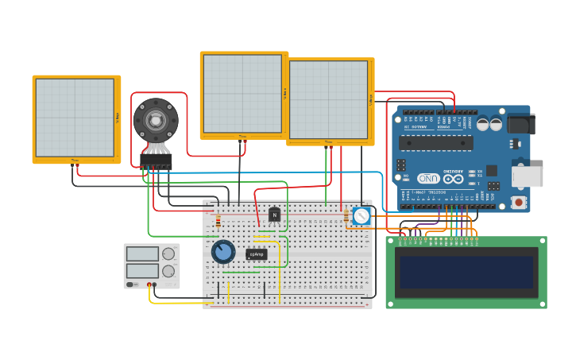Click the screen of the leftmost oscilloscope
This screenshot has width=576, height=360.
click(x=75, y=118)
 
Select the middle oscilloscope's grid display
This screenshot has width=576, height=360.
click(x=242, y=94)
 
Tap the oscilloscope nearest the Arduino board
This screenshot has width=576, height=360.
click(x=328, y=100)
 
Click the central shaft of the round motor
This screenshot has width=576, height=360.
click(x=156, y=120)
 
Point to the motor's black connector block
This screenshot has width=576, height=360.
click(x=156, y=161)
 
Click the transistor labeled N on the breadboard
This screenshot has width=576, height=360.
click(x=274, y=214)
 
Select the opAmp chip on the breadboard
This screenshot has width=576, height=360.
click(x=256, y=254)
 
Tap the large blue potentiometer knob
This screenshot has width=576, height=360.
click(x=223, y=252)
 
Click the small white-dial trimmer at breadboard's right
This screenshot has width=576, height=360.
click(x=361, y=216)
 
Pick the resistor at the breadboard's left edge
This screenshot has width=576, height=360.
click(x=218, y=223)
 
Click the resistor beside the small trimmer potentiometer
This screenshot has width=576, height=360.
click(x=346, y=216)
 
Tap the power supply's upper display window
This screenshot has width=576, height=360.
click(x=142, y=254)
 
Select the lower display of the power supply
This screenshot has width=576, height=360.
click(x=142, y=270)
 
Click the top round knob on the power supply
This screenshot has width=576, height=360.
click(x=168, y=254)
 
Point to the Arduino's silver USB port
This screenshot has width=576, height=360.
click(x=527, y=176)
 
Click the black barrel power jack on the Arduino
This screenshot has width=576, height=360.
click(x=520, y=123)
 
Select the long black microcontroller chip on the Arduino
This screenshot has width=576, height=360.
click(x=435, y=143)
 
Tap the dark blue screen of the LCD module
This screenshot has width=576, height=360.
click(x=466, y=272)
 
